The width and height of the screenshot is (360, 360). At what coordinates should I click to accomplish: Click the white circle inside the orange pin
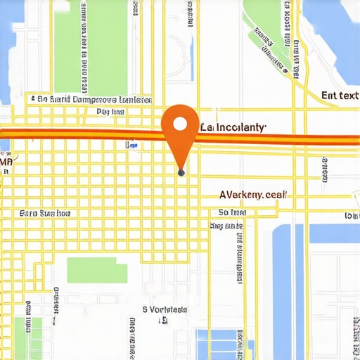pyautogui.click(x=180, y=124)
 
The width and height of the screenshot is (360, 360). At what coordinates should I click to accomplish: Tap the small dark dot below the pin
pyautogui.click(x=181, y=172)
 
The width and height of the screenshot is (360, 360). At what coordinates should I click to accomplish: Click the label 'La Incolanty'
pyautogui.click(x=233, y=127)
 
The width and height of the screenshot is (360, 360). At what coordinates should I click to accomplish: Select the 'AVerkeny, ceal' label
pyautogui.click(x=252, y=195)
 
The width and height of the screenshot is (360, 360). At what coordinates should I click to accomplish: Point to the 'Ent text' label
pyautogui.click(x=340, y=95)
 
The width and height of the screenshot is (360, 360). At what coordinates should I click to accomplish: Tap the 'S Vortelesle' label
pyautogui.click(x=165, y=309)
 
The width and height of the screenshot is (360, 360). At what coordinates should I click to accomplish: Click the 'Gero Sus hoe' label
pyautogui.click(x=45, y=212)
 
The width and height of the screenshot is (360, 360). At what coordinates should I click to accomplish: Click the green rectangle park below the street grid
pyautogui.click(x=97, y=270)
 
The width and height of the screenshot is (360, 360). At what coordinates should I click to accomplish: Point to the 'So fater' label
pyautogui.click(x=232, y=212)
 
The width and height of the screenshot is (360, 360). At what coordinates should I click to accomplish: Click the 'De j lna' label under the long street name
pyautogui.click(x=110, y=112)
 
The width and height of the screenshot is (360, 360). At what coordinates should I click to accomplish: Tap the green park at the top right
pyautogui.click(x=266, y=32)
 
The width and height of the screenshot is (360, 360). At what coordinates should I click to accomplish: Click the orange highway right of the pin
pyautogui.click(x=281, y=139)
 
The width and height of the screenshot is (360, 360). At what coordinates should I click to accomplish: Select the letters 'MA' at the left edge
pyautogui.click(x=6, y=162)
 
